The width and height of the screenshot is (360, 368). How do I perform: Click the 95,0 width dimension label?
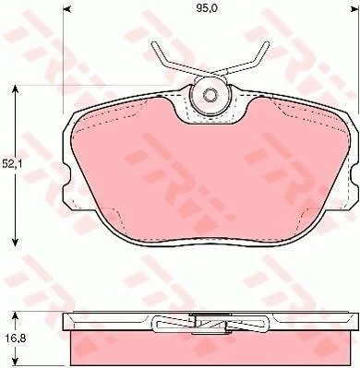(207, 8)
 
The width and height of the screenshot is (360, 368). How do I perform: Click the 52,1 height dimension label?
(10, 164)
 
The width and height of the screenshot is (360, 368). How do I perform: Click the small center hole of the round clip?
(210, 94)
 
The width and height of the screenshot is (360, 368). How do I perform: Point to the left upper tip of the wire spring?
(153, 44)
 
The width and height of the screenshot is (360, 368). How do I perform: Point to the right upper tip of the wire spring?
(267, 42)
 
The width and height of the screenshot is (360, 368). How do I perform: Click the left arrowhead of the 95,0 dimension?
(66, 10)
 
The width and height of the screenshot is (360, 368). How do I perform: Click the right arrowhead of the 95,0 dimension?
(356, 10)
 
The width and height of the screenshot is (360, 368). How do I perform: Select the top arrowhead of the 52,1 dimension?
(15, 90)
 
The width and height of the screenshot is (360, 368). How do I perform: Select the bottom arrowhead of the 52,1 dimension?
(15, 241)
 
